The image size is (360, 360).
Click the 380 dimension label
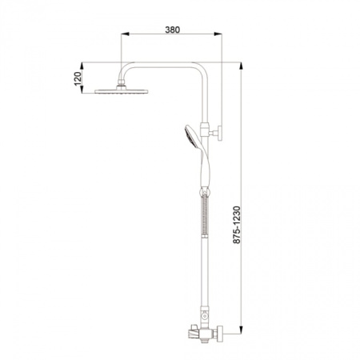click(172, 30)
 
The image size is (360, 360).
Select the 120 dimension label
click(78, 78)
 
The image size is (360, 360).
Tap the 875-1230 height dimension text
click(237, 225)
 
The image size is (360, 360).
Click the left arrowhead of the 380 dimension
click(125, 34)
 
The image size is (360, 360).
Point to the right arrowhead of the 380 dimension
click(218, 34)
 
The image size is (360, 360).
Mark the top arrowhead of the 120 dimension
click(82, 66)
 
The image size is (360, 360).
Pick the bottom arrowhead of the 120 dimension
click(82, 90)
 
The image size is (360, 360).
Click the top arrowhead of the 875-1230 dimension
click(241, 66)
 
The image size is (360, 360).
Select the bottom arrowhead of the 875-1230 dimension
click(241, 330)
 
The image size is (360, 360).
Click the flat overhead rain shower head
click(122, 91)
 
